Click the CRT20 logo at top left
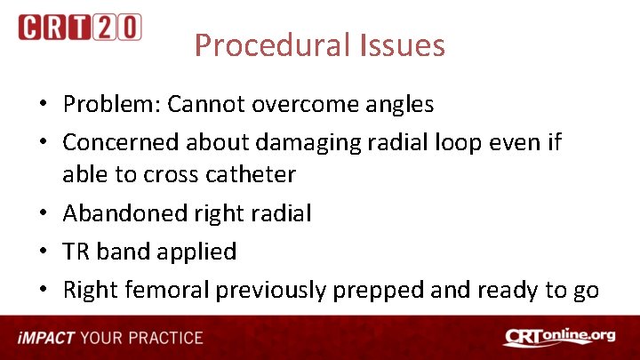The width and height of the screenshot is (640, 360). point(79,27)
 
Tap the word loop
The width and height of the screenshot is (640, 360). point(471,142)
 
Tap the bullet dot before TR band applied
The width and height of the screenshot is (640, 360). point(43,252)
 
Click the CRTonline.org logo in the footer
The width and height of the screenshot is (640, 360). point(561,338)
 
